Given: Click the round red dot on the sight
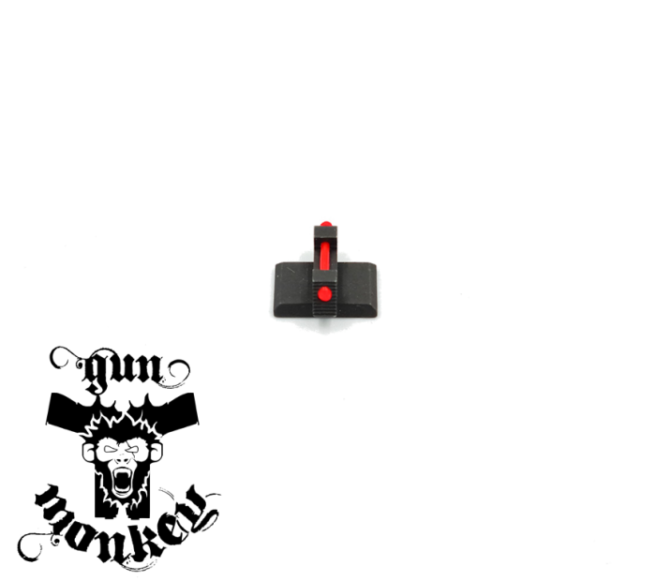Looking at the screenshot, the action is tap(324, 294).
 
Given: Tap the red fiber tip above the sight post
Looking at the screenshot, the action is tap(326, 224).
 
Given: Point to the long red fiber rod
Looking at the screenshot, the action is tap(325, 255).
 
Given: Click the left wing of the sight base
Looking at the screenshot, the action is tap(293, 289).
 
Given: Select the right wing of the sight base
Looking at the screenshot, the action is tap(356, 289).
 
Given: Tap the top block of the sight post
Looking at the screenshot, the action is tap(325, 233).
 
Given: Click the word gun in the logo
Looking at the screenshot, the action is tap(122, 370).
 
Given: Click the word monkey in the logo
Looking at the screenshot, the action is tap(126, 523).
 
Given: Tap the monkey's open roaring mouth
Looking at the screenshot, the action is tap(122, 480).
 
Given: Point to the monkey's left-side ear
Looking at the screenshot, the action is tap(88, 452).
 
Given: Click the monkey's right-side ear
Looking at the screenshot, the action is tap(156, 452).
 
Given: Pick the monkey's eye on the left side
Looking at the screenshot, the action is tap(111, 449).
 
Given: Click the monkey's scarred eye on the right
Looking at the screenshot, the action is tap(133, 449).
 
